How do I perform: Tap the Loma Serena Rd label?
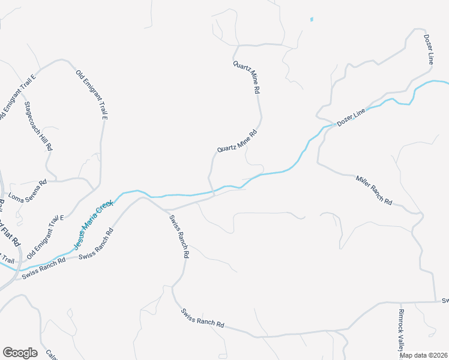point(27,190)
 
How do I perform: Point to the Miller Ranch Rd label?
point(373,190)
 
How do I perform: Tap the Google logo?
point(20,353)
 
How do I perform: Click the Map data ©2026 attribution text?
point(423,355)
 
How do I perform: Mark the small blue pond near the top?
point(312,19)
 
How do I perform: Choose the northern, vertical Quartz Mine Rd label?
point(246,77)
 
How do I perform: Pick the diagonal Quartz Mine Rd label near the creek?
point(237,141)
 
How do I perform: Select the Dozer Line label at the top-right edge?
point(429,49)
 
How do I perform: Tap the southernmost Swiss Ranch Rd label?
point(202,317)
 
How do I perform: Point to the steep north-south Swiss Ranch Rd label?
point(179,236)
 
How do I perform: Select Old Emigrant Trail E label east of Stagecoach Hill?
point(92,94)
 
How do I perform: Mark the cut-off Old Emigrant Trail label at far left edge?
point(7,259)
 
